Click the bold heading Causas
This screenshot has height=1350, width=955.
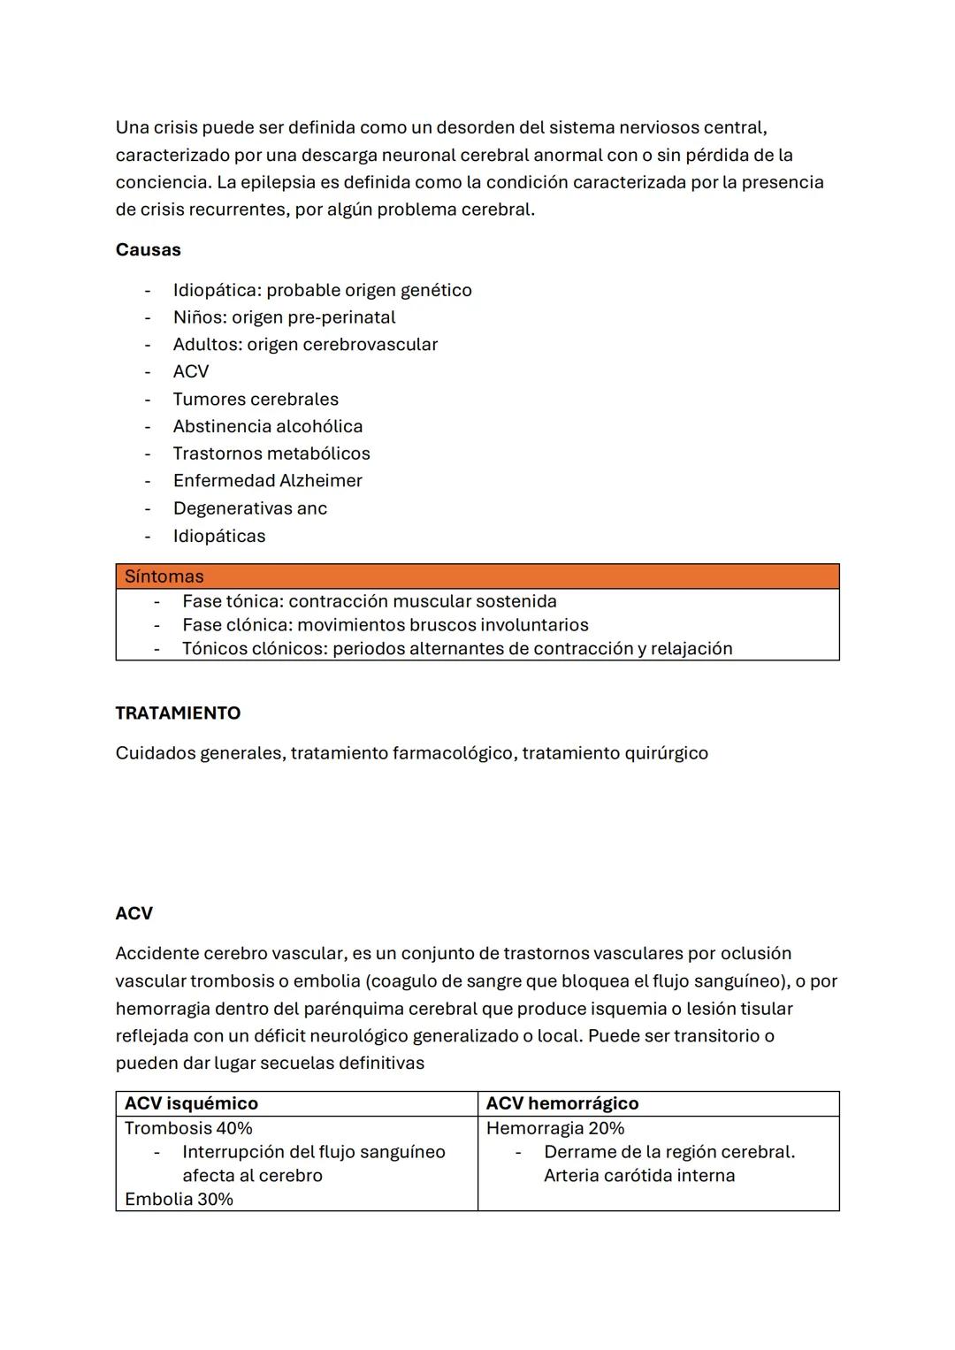click(148, 249)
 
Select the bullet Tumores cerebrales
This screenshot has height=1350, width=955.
click(256, 399)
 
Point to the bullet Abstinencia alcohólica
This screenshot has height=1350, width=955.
click(268, 426)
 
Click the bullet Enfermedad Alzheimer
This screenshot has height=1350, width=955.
click(268, 480)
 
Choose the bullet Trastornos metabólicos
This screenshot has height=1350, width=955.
click(271, 453)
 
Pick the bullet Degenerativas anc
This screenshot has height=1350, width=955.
click(250, 507)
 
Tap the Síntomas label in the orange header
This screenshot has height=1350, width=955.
click(164, 576)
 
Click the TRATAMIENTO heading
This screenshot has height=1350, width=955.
click(178, 713)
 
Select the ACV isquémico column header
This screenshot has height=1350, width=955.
click(191, 1102)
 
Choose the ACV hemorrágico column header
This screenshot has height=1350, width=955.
click(562, 1102)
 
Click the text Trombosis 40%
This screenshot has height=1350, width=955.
click(188, 1128)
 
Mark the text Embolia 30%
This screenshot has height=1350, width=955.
click(179, 1199)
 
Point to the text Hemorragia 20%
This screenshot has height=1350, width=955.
click(555, 1128)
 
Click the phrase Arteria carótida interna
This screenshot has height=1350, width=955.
click(639, 1175)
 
